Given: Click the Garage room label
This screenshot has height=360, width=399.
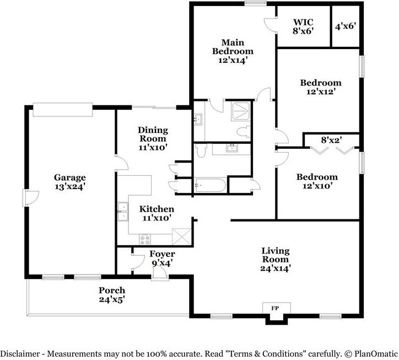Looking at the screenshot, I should [x=69, y=182].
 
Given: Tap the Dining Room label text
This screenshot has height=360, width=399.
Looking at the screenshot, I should [x=152, y=138].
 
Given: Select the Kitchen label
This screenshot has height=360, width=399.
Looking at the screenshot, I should [x=157, y=213].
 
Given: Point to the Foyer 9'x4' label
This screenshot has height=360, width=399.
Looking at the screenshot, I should [x=163, y=259].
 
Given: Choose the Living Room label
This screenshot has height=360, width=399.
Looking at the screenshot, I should [x=276, y=259].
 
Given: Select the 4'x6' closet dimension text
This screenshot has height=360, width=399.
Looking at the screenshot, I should [x=346, y=26].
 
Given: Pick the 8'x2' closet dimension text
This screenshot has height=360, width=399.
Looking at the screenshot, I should [x=331, y=140].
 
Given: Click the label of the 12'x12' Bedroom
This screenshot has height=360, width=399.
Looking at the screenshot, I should [x=320, y=87].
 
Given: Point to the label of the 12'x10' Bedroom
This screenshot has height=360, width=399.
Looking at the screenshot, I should [x=317, y=181].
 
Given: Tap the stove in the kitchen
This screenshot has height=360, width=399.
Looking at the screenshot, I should [x=145, y=239].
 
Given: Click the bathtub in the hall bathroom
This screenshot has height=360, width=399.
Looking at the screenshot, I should [x=209, y=186].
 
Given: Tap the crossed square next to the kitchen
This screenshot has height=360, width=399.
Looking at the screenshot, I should [x=181, y=238].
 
